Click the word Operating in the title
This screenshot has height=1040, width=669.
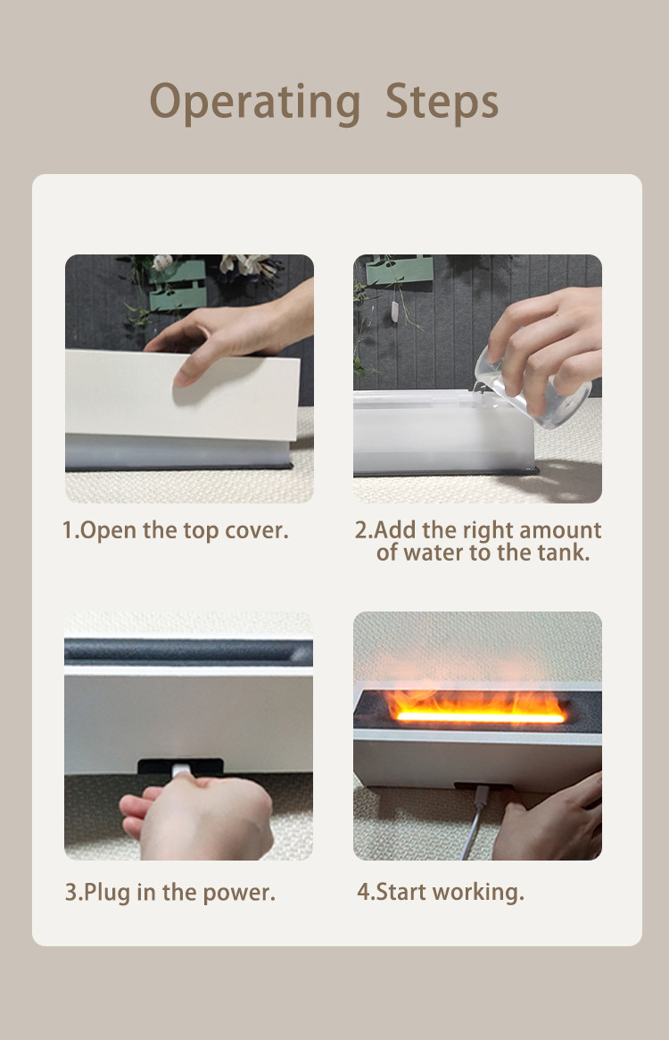pos(255,103)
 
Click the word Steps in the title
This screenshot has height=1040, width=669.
pos(442,102)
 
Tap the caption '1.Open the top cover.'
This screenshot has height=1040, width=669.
pos(176,530)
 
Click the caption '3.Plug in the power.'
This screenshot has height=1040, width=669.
pos(169,892)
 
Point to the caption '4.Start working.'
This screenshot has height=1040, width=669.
pos(441,892)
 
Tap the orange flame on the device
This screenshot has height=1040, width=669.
pos(477,706)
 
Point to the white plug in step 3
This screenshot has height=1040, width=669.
pos(180,771)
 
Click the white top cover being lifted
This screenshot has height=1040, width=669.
pos(182,394)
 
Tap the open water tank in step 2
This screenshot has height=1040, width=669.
pos(443,432)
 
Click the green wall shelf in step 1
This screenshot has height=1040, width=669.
pos(178,285)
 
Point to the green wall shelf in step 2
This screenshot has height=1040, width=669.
pos(399,270)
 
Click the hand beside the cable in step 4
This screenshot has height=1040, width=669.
pos(549,819)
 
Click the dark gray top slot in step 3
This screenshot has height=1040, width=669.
pos(188,652)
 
